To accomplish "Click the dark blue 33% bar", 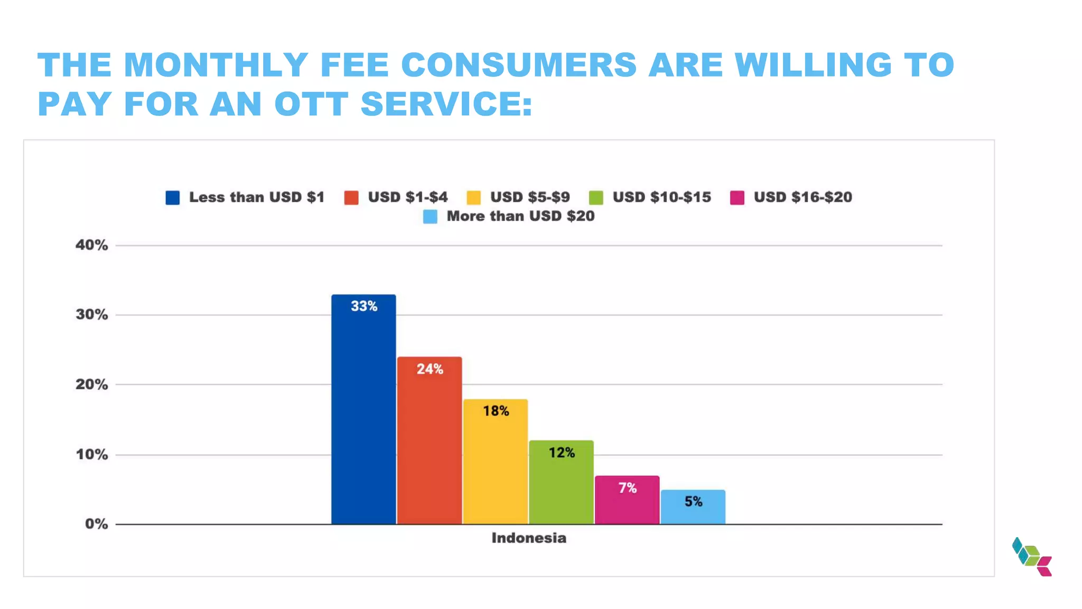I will [x=363, y=409].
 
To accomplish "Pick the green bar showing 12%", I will [x=561, y=482].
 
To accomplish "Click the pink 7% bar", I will [x=627, y=500].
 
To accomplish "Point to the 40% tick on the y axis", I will [x=92, y=245].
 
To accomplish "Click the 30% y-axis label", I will [x=92, y=315].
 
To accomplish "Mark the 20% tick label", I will [x=92, y=384].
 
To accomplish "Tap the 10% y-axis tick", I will [x=92, y=455].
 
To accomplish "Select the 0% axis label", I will [x=96, y=524].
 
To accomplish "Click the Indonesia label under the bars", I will [x=529, y=538].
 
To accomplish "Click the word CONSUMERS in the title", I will [x=519, y=65].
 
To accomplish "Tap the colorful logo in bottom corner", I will [x=1032, y=557].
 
